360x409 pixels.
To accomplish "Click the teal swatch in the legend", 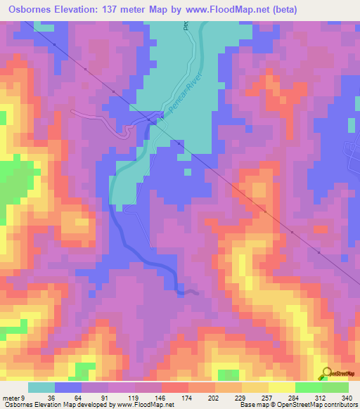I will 41,388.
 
